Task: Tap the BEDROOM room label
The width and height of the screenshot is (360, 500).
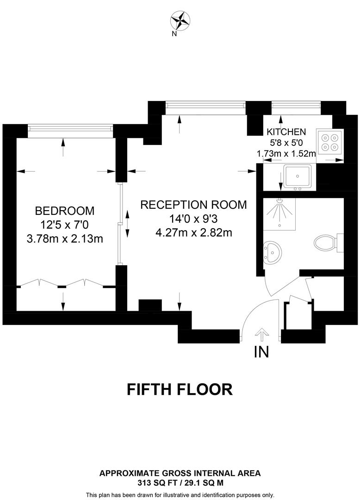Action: point(65,211)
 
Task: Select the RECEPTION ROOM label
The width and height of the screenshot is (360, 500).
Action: point(193,205)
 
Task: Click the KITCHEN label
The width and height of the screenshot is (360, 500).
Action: point(286,131)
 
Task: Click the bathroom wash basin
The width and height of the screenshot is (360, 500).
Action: point(273,252)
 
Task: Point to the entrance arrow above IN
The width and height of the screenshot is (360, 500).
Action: point(261,334)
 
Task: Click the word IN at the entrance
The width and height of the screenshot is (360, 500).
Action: point(261,352)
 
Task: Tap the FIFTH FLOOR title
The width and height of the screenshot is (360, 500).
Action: point(180,389)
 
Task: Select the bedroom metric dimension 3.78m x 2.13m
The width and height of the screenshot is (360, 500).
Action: point(65,239)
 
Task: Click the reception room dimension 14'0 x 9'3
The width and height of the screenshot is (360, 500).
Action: point(193,219)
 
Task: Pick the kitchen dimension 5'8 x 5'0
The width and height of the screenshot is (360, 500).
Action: point(286,143)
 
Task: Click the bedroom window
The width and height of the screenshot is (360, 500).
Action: point(70,131)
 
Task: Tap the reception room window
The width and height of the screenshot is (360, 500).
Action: point(205,108)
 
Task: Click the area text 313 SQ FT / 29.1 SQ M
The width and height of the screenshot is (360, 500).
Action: point(180,482)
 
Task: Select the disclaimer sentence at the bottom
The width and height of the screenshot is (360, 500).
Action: point(180,494)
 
